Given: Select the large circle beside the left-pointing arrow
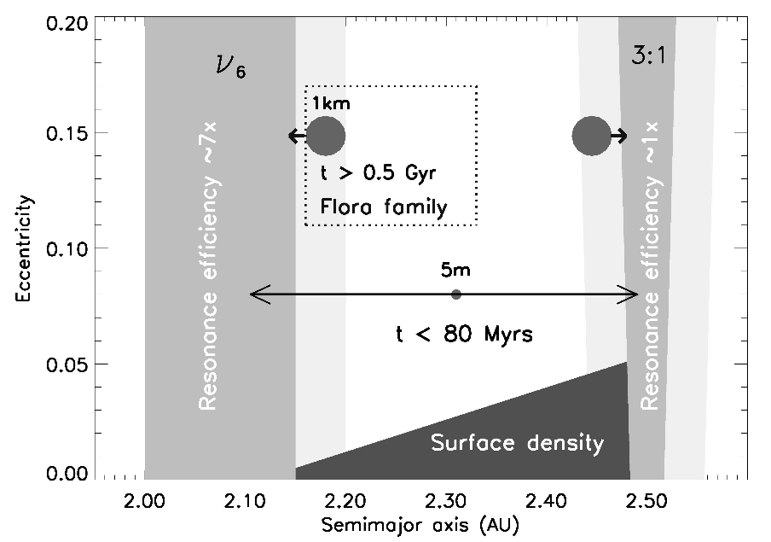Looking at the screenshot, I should (326, 136).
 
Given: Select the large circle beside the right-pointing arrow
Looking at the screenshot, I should (591, 136).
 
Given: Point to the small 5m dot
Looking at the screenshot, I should (456, 294).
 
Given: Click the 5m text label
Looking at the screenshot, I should (456, 271).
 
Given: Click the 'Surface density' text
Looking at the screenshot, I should (517, 443).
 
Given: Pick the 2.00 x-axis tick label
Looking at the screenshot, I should (144, 497).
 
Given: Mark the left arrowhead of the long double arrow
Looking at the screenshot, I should (252, 294).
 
